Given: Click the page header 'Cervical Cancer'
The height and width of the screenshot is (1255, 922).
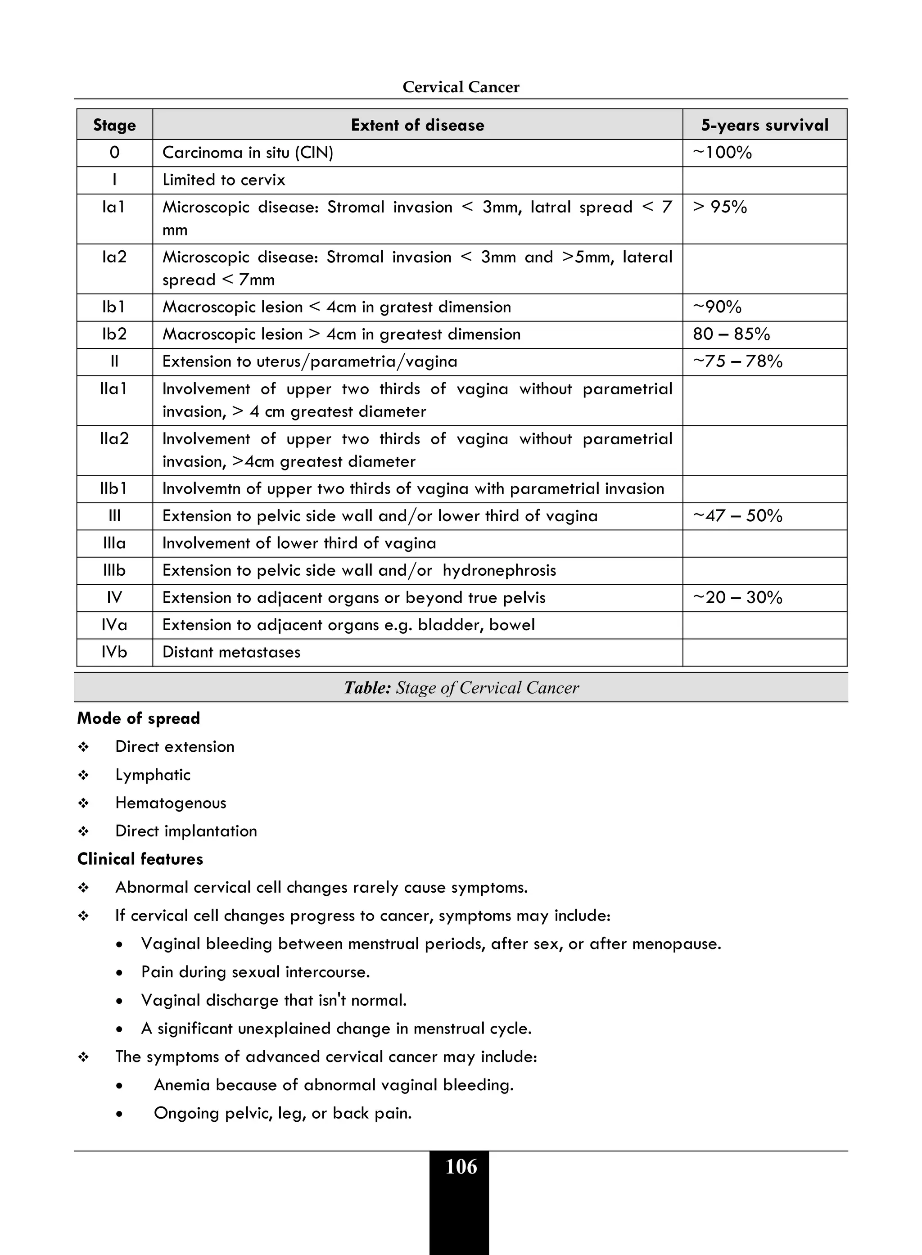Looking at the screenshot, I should point(461,87).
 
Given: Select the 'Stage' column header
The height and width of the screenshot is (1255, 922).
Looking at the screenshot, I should point(114,125).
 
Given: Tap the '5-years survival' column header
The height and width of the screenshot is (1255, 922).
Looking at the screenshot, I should point(764,125).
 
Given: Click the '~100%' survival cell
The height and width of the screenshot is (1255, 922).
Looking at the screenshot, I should point(722,152).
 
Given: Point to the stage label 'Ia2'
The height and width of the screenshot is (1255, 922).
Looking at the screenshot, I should point(114,257).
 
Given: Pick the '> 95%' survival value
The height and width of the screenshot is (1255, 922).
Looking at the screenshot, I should point(719,207).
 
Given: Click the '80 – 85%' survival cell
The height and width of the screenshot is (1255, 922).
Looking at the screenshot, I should point(731,334).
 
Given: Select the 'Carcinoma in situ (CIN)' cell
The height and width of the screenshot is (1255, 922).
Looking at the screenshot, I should point(247,152).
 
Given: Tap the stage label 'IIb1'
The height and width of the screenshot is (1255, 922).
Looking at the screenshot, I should point(114,489).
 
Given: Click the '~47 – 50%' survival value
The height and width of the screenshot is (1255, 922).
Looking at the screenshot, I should point(737,515).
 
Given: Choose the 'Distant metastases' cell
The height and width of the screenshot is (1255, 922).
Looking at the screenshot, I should point(231,652).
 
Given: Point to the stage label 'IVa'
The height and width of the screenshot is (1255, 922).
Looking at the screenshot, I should point(114,625).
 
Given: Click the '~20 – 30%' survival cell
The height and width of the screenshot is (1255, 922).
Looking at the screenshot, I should point(737,598).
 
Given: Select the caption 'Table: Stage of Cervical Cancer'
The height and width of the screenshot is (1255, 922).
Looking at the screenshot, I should point(461,687).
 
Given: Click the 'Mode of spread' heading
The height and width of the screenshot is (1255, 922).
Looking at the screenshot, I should point(138,718).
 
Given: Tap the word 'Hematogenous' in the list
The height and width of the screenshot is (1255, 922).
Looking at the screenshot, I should point(171,803).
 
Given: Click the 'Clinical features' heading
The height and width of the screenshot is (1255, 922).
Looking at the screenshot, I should point(140,859).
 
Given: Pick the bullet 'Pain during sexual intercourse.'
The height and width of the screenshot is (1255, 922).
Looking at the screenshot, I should point(256,972).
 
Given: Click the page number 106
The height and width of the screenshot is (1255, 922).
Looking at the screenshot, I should point(461,1167).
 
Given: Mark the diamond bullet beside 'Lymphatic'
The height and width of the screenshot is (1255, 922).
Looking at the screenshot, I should point(84,775).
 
